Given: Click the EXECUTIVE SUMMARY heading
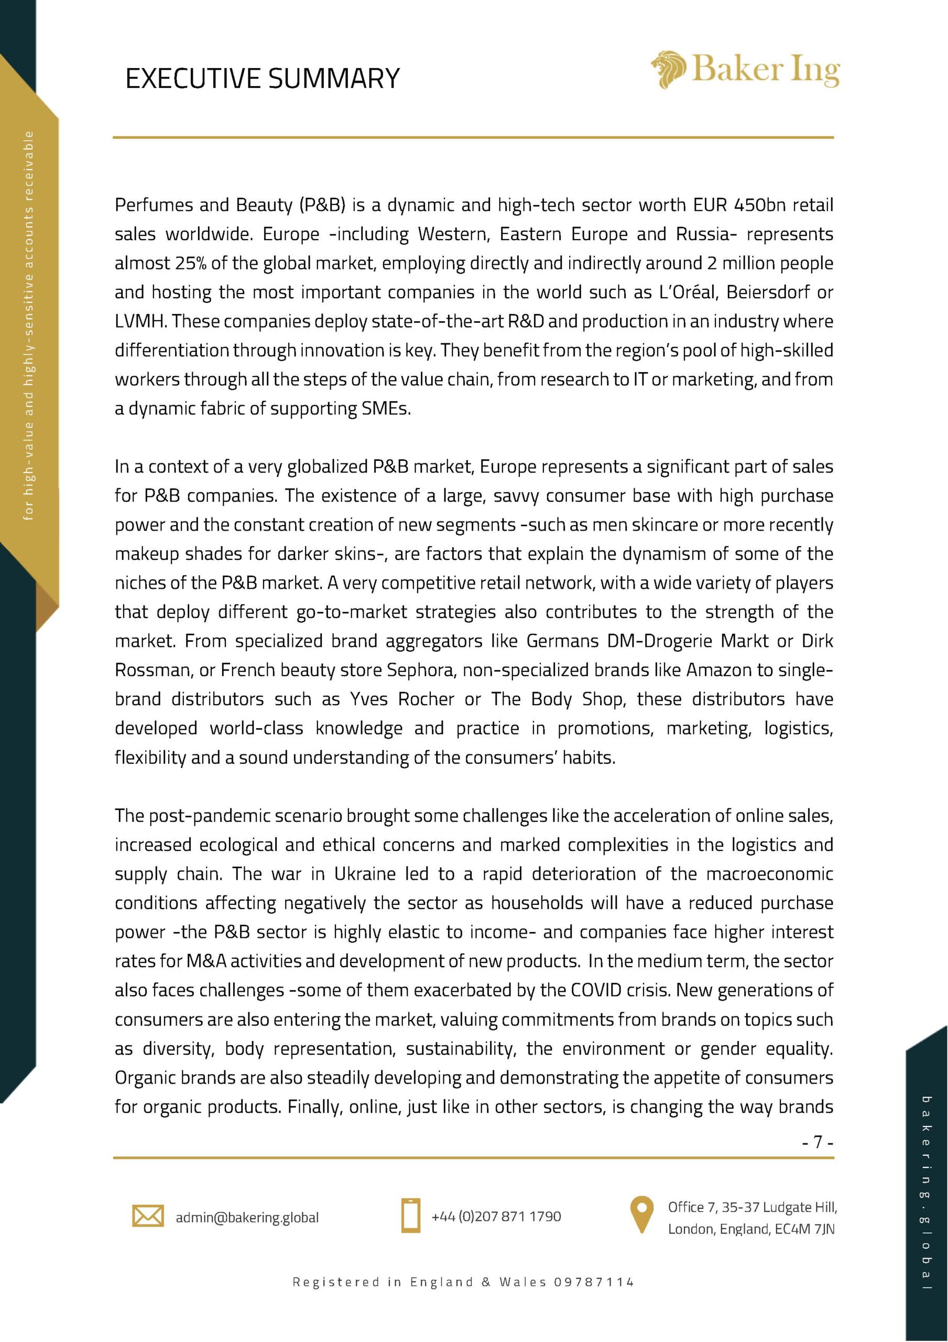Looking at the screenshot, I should tap(263, 78).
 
